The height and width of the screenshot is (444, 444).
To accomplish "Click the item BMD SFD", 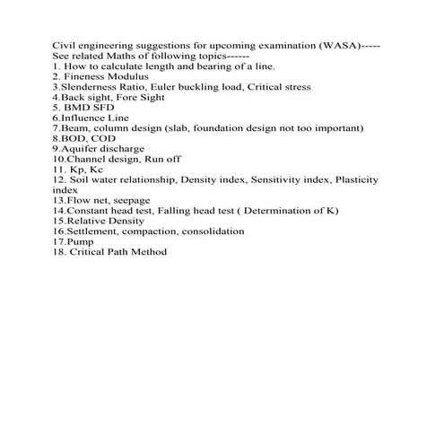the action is pyautogui.click(x=91, y=108).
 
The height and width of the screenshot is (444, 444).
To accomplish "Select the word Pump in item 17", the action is pyautogui.click(x=81, y=241).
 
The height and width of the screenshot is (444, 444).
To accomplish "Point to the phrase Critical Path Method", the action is pyautogui.click(x=118, y=252).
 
